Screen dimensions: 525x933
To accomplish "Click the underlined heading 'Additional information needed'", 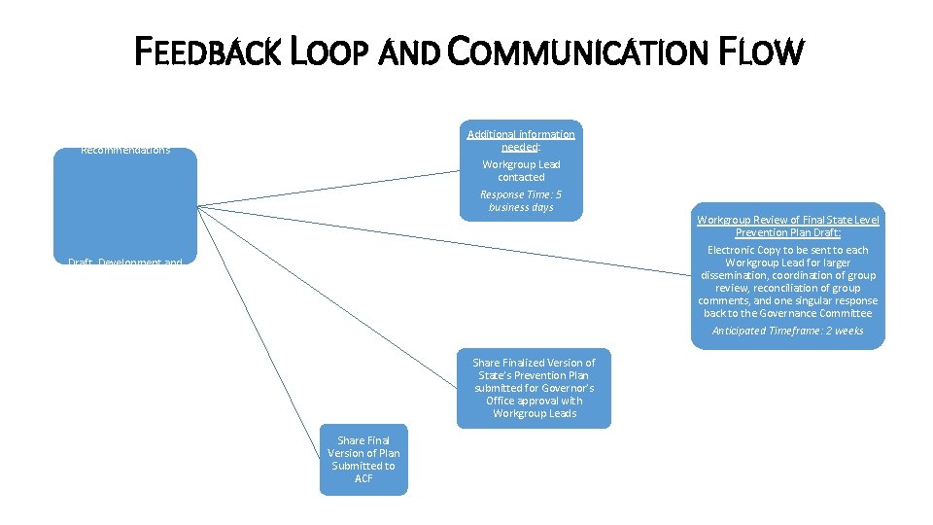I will [521, 140].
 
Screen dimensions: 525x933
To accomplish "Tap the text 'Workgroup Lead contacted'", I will [521, 171].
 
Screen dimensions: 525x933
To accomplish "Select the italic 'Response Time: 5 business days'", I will [521, 200].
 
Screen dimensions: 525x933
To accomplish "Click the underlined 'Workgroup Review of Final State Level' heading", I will [788, 221].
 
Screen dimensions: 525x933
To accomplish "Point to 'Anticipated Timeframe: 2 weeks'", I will [788, 331].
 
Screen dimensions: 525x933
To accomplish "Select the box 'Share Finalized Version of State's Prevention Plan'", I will [534, 388].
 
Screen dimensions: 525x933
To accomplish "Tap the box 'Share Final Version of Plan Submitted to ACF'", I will [363, 459].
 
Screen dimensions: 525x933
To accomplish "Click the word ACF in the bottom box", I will [363, 478].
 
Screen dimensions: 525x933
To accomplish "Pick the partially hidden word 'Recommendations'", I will [125, 151].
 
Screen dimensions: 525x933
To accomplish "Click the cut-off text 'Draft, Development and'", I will [125, 262].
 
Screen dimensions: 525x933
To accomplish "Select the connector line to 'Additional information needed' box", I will [330, 188].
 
